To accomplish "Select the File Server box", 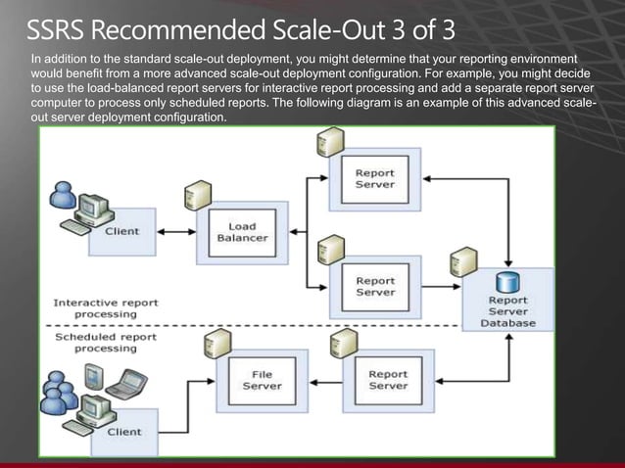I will [x=263, y=379].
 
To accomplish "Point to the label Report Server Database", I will [x=507, y=311].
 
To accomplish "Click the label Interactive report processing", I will [x=94, y=307].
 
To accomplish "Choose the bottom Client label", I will [x=123, y=432].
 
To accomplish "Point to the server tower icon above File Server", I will [x=211, y=346].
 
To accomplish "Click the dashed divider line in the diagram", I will [x=294, y=324].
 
